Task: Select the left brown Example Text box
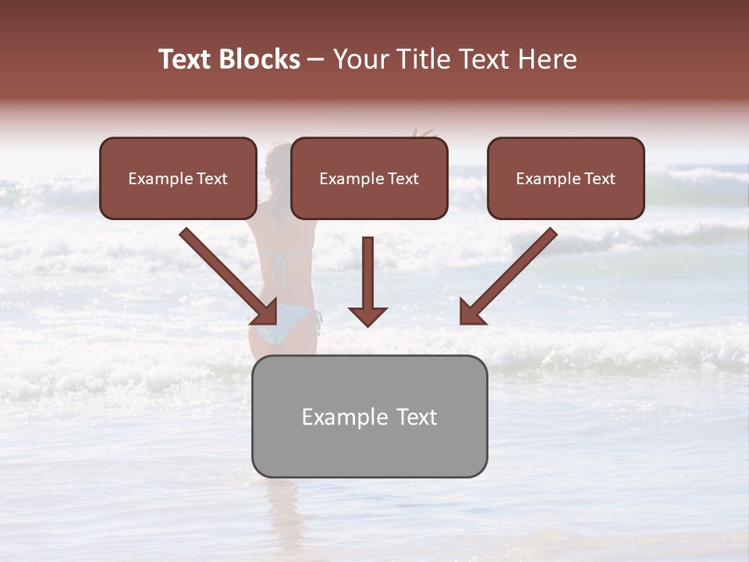(x=178, y=179)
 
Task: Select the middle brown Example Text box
(x=369, y=179)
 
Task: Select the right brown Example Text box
(x=566, y=179)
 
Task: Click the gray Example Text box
(x=369, y=416)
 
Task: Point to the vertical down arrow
(x=367, y=277)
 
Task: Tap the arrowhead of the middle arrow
(x=367, y=317)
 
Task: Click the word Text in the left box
(x=211, y=179)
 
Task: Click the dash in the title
(x=316, y=59)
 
